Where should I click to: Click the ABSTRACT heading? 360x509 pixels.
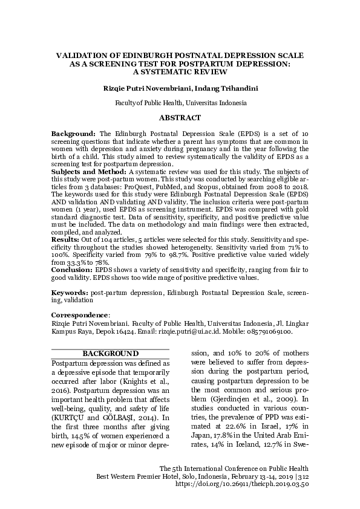180,117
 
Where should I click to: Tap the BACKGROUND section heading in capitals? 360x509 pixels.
111,354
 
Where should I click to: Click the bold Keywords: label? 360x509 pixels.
70,292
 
